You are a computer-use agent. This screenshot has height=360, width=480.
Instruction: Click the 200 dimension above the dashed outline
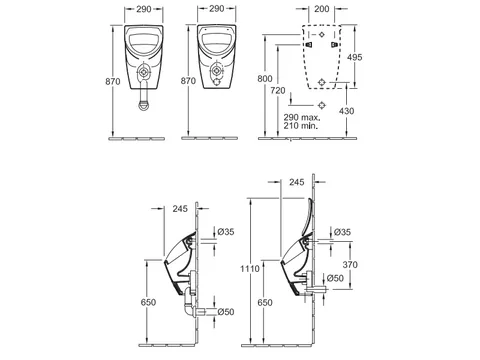pyautogui.click(x=322, y=9)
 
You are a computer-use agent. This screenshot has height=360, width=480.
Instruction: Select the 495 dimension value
pyautogui.click(x=354, y=57)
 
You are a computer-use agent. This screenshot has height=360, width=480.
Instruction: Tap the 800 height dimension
pyautogui.click(x=265, y=79)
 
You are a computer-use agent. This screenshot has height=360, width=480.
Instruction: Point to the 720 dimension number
pyautogui.click(x=278, y=90)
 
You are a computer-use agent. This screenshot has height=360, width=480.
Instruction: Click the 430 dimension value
pyautogui.click(x=346, y=111)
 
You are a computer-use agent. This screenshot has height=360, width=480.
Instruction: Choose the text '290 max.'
pyautogui.click(x=302, y=117)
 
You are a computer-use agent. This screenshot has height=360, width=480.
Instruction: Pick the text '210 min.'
pyautogui.click(x=301, y=126)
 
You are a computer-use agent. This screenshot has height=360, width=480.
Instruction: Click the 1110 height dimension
pyautogui.click(x=250, y=268)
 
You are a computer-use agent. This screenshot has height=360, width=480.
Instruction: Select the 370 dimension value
pyautogui.click(x=350, y=264)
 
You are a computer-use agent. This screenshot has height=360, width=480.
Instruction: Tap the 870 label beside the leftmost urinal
pyautogui.click(x=113, y=81)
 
